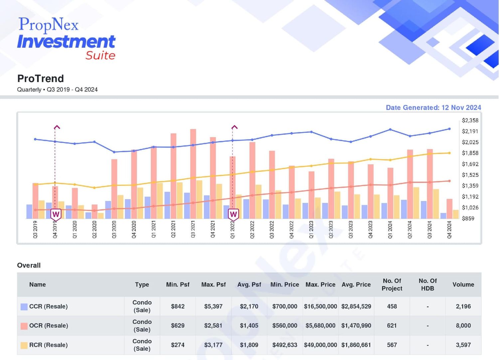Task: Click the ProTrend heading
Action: coord(41,79)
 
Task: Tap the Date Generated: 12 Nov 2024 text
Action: coord(433,107)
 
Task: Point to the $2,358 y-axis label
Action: coord(470,120)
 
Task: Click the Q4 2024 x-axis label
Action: coord(449,230)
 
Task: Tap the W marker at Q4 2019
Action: coord(56,215)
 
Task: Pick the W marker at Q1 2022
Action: coord(233,215)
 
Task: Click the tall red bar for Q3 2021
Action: coord(193,174)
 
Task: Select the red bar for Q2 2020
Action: coord(94,211)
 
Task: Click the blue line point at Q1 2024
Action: coord(390,129)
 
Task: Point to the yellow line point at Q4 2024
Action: coord(449,153)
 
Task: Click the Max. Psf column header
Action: coord(214,284)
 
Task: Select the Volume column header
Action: coord(463,284)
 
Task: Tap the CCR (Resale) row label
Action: coord(48,306)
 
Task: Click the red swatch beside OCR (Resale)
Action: coord(24,326)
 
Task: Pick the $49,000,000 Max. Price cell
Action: coord(320,345)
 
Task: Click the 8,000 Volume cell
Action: coord(463,325)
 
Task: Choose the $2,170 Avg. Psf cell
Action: coord(249,306)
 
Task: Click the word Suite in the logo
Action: coord(100,56)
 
